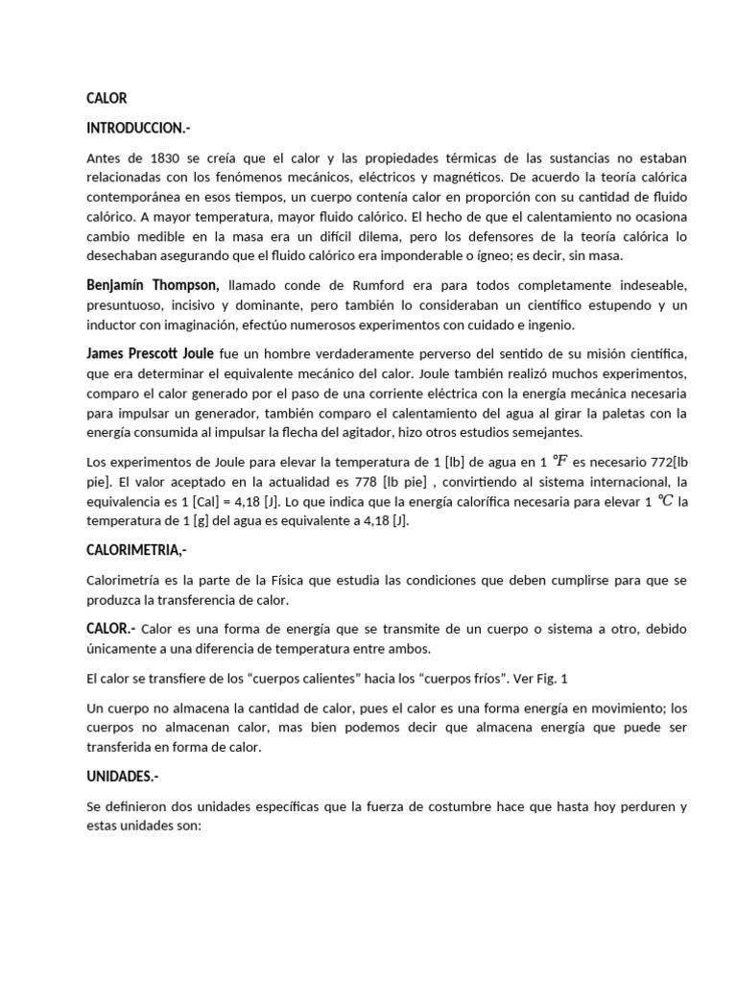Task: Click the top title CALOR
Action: (x=106, y=98)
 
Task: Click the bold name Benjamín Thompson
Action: (x=153, y=285)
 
